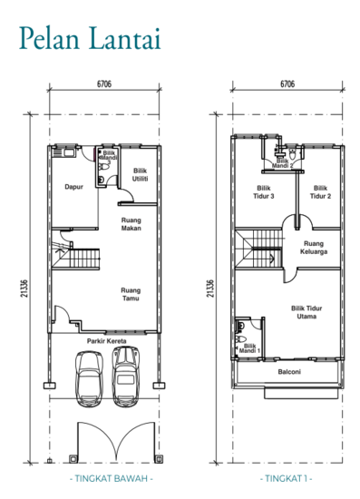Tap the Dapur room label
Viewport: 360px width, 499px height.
click(x=74, y=188)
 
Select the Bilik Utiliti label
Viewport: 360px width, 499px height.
click(x=141, y=174)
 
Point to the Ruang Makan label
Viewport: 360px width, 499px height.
click(x=134, y=223)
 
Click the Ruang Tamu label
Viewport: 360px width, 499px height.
click(x=131, y=294)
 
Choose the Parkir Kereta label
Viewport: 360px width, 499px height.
click(x=106, y=342)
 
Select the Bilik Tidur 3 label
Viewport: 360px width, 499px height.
click(x=263, y=192)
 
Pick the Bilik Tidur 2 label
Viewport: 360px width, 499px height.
click(x=319, y=192)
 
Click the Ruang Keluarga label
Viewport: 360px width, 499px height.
click(x=316, y=247)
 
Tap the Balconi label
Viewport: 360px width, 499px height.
click(x=287, y=372)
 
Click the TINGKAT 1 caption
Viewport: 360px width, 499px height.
click(x=287, y=475)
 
